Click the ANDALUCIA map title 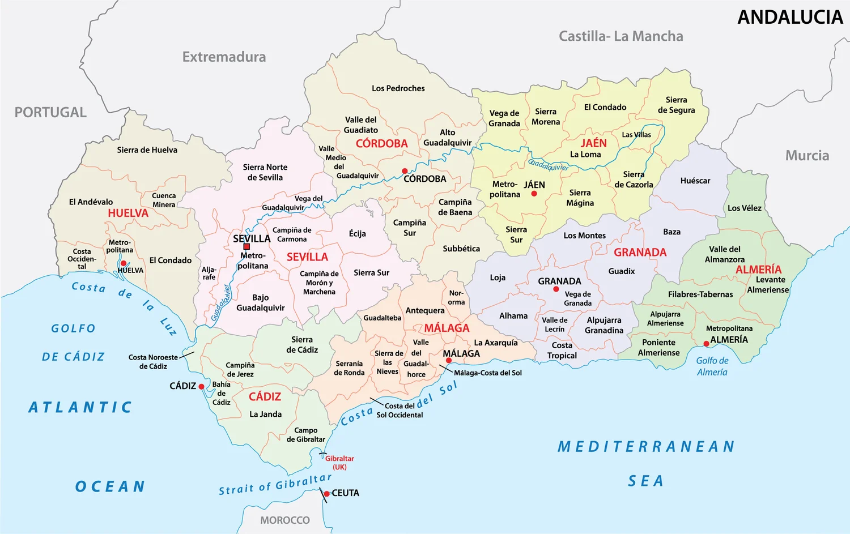(790, 18)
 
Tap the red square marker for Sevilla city (246, 247)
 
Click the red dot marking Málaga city (449, 360)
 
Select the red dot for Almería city (706, 344)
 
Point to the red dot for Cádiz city (201, 387)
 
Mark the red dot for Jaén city (534, 194)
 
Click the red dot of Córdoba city (405, 171)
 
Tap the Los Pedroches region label (398, 88)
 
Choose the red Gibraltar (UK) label (339, 463)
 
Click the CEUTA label (345, 493)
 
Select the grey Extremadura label (224, 57)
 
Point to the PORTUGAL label (50, 112)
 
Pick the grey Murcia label (807, 156)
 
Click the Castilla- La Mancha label (620, 36)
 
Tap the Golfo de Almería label (712, 366)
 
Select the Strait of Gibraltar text (275, 485)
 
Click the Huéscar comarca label (695, 181)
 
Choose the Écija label (357, 233)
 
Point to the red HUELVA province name (128, 213)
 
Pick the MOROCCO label (285, 520)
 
